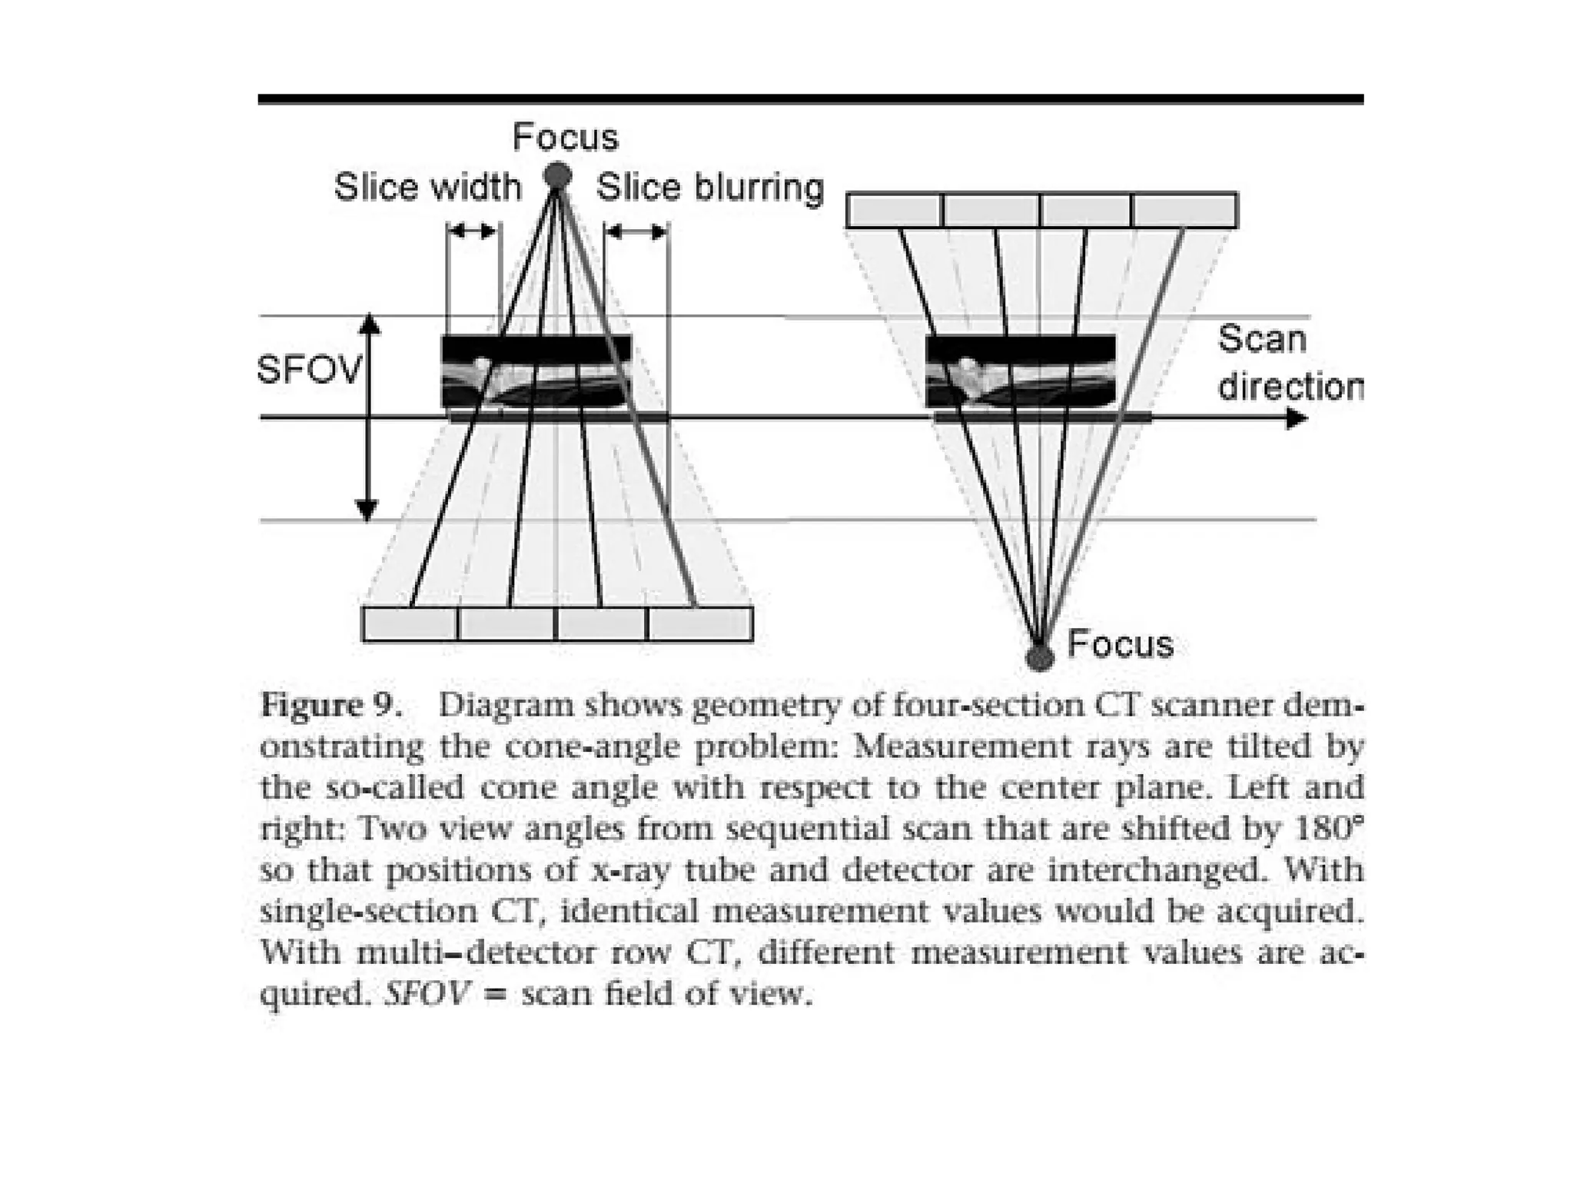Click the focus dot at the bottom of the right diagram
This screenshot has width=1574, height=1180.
1039,657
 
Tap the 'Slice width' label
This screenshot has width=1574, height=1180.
427,187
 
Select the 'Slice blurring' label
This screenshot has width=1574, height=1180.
709,187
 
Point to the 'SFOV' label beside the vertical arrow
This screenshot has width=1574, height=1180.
308,371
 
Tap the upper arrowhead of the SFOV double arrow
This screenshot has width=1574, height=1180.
370,324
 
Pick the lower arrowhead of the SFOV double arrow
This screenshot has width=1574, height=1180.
367,508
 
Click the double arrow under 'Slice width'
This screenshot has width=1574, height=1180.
473,231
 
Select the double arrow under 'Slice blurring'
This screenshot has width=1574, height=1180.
636,231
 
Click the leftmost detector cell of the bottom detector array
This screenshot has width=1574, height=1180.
410,623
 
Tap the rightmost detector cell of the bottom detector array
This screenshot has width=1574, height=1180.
699,623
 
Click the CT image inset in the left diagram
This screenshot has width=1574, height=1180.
536,371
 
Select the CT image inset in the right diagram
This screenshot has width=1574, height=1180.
1021,371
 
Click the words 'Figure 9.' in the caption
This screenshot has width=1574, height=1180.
331,705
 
